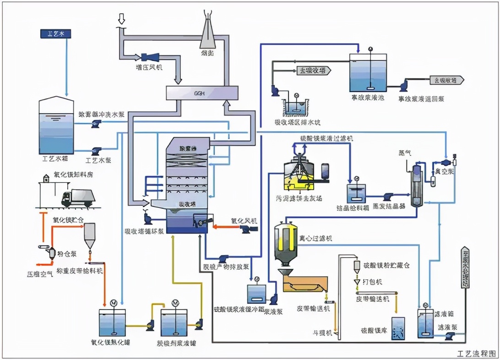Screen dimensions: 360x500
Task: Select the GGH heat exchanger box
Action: [x=201, y=93]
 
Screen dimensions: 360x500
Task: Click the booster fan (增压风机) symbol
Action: [x=149, y=57]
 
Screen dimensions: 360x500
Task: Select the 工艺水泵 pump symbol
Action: [x=97, y=150]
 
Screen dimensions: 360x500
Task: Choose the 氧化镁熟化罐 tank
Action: [x=112, y=322]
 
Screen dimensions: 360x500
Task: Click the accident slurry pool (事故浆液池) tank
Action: [x=370, y=73]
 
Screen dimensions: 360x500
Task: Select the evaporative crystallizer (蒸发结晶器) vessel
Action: [x=416, y=185]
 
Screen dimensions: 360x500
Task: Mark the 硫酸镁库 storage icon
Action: [x=398, y=328]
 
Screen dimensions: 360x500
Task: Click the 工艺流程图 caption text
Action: [x=476, y=354]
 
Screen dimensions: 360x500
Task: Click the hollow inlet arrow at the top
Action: [x=121, y=19]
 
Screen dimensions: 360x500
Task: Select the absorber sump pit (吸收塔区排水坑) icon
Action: [x=295, y=107]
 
